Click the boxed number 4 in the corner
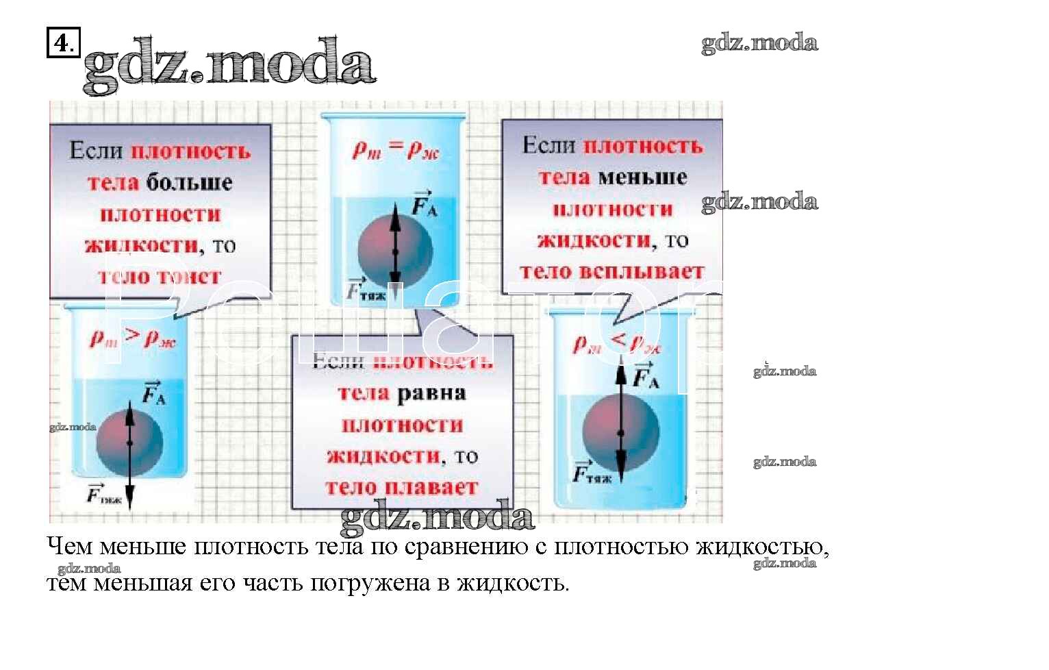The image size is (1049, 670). coord(62,43)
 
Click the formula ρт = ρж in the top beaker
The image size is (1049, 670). coord(395,149)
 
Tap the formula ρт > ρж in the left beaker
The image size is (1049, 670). coord(133,338)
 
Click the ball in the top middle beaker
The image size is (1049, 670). coord(395,250)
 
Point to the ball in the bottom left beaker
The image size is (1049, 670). coord(129,442)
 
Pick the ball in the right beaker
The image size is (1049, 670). coord(620,432)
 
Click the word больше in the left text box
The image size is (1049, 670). coord(189,183)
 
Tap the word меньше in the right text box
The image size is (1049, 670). coord(642,177)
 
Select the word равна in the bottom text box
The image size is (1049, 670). coord(431,394)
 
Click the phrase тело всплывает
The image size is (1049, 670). coord(611,272)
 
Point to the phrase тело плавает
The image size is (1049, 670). coord(401,488)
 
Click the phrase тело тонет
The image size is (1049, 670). coord(160,277)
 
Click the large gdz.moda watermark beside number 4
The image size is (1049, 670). coord(229,65)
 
